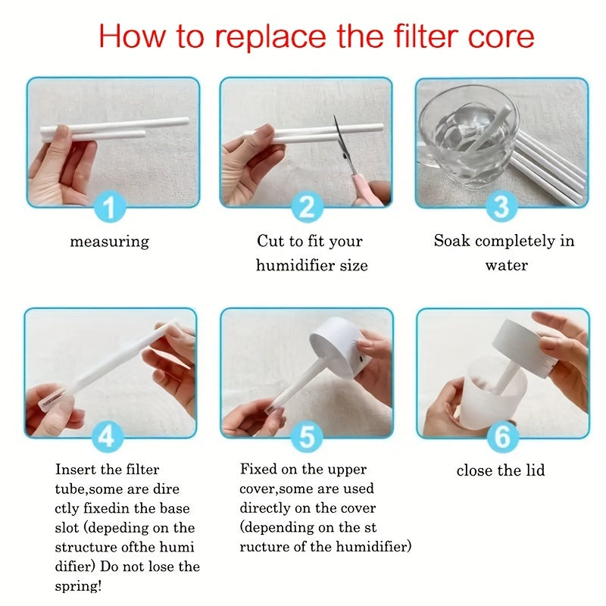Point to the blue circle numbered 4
click(111, 437)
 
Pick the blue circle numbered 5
click(306, 437)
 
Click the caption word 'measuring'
click(110, 242)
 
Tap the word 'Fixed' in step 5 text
click(258, 469)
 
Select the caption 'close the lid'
click(501, 470)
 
